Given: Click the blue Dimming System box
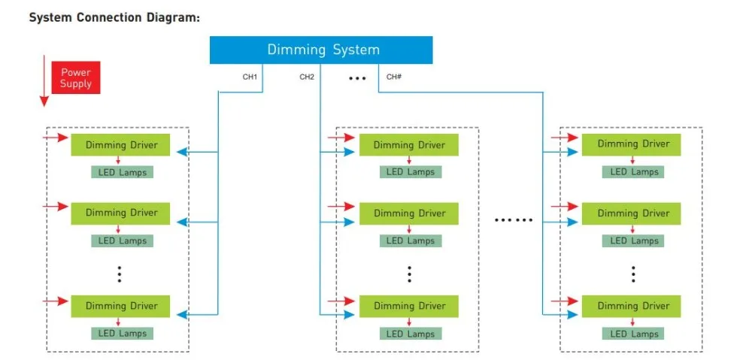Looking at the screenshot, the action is pyautogui.click(x=321, y=50).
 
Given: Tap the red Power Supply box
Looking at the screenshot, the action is pyautogui.click(x=76, y=77).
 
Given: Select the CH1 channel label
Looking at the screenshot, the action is pyautogui.click(x=250, y=77).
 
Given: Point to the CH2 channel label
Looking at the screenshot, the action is pyautogui.click(x=307, y=77).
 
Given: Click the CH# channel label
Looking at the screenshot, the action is pyautogui.click(x=394, y=77).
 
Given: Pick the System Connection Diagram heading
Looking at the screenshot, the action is pyautogui.click(x=114, y=18).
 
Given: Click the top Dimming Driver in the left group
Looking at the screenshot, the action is pyautogui.click(x=120, y=145).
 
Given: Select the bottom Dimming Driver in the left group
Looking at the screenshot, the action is pyautogui.click(x=120, y=306).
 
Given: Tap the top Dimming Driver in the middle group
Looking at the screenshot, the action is pyautogui.click(x=409, y=145).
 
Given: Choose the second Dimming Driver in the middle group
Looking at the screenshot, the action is pyautogui.click(x=409, y=213).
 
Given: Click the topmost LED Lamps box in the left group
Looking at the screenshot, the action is pyautogui.click(x=123, y=172).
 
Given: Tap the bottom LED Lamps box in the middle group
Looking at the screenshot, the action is pyautogui.click(x=411, y=334).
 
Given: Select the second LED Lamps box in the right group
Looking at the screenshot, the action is pyautogui.click(x=633, y=241).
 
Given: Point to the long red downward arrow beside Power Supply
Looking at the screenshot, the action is pyautogui.click(x=44, y=80).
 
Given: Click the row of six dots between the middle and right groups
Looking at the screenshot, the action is pyautogui.click(x=514, y=220).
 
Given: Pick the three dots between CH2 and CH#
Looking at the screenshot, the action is pyautogui.click(x=357, y=77).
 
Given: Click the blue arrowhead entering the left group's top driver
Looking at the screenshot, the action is pyautogui.click(x=182, y=153).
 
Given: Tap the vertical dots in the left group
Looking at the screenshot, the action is pyautogui.click(x=120, y=274).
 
